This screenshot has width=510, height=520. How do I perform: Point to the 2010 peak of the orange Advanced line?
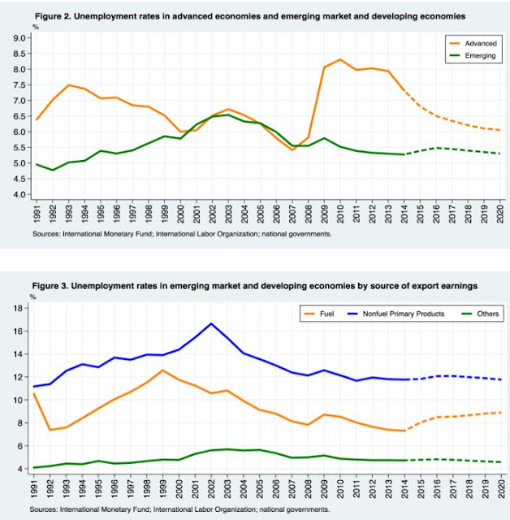coord(339,59)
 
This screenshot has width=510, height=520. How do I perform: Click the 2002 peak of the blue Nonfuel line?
coord(211,323)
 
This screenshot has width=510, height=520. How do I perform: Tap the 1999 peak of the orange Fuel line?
coord(162,370)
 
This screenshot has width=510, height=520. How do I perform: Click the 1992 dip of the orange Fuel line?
coord(50,430)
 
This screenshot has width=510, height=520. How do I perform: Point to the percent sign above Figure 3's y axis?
coord(33,297)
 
